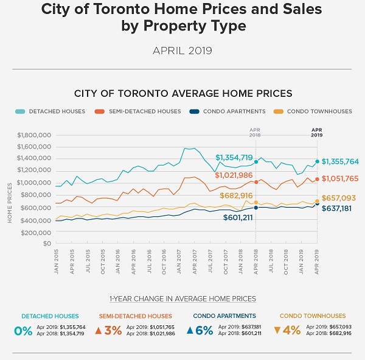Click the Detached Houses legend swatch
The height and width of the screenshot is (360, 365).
(19, 111)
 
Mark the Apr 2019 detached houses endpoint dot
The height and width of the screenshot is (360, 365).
(317, 161)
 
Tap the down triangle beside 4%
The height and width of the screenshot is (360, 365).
(277, 331)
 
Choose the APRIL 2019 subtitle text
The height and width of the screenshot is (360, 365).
(182, 51)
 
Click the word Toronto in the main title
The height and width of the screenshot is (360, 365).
(134, 10)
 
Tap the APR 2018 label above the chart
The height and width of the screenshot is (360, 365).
(255, 132)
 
